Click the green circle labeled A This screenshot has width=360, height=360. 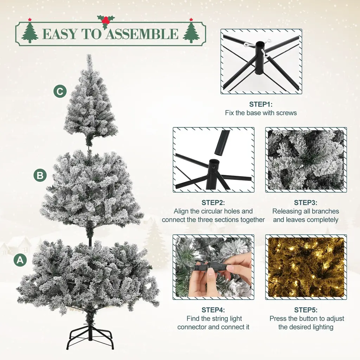[x=20, y=260]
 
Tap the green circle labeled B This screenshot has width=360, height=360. [x=40, y=175]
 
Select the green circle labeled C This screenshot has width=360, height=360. [x=60, y=91]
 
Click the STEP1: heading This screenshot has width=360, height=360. [x=261, y=104]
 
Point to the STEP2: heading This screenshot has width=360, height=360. [x=213, y=202]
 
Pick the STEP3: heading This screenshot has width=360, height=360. [x=306, y=202]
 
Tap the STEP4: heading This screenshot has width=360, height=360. [x=213, y=310]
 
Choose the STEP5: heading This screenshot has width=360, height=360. [x=306, y=310]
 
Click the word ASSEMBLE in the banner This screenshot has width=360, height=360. [x=142, y=34]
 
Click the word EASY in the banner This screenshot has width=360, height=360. [x=60, y=34]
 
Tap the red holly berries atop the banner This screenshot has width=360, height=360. [x=105, y=20]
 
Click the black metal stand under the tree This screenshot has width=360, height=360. [x=91, y=336]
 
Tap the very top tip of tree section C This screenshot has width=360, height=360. [x=89, y=54]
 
